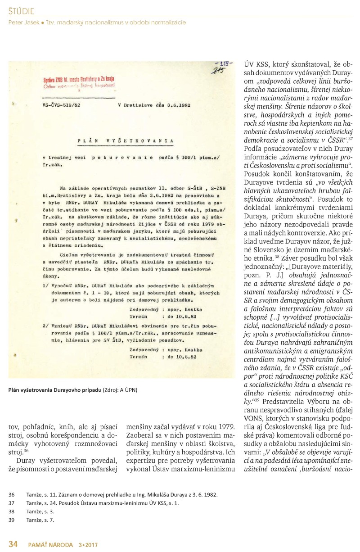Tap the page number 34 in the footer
click(13, 544)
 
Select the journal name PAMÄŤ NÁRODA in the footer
click(49, 545)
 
